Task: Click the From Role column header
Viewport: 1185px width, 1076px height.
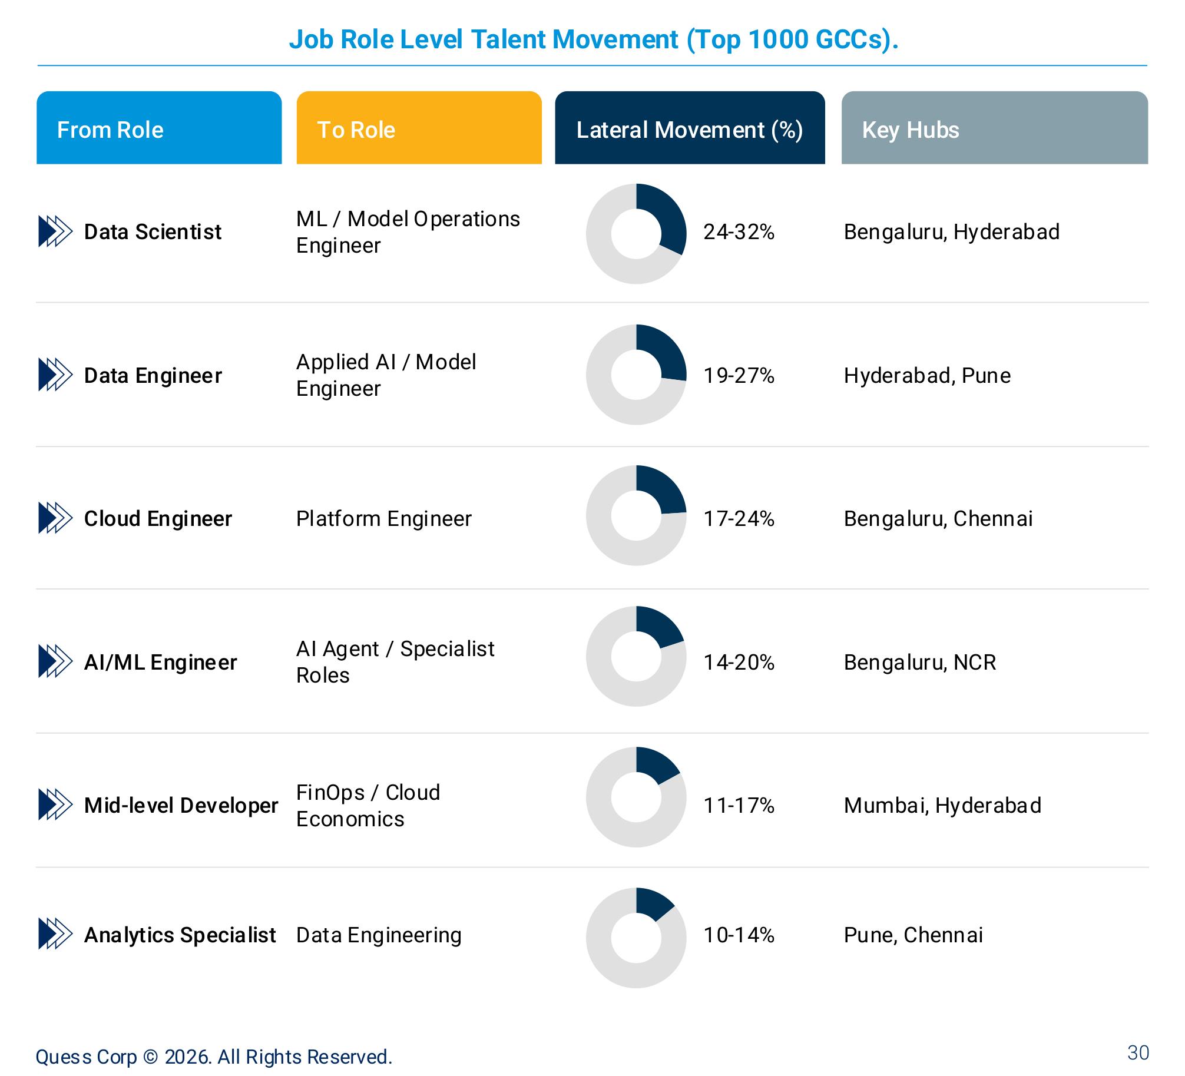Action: coord(159,128)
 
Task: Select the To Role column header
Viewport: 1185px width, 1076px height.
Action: coord(419,128)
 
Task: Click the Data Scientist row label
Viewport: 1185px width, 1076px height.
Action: coord(153,231)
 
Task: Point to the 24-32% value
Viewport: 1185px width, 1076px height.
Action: coord(739,232)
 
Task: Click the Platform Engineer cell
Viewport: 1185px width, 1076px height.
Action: coord(383,519)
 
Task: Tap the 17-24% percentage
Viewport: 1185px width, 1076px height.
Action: coord(739,519)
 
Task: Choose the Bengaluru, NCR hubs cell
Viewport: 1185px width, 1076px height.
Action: coord(920,663)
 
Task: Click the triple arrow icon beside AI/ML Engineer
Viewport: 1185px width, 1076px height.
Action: coord(55,661)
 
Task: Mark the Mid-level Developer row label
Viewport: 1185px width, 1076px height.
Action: coord(181,805)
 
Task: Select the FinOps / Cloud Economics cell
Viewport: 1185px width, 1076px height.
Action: coord(368,806)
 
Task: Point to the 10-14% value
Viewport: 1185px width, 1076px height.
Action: coord(739,935)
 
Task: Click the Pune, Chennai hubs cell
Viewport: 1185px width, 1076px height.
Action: coord(913,935)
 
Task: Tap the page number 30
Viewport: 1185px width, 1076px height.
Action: coord(1138,1052)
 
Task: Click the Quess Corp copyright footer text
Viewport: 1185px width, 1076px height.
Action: coord(214,1057)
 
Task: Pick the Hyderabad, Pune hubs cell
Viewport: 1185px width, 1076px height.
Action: coord(927,376)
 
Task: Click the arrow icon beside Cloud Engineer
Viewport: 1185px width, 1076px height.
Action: coord(55,518)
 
